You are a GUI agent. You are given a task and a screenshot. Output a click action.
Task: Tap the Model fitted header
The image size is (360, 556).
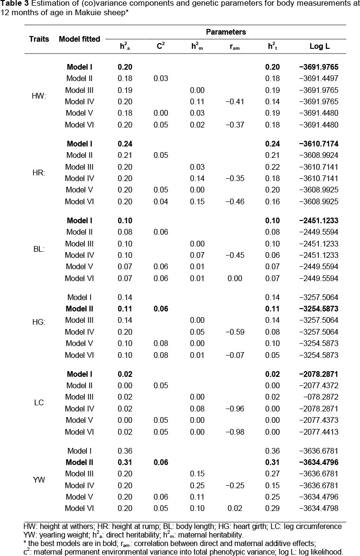pyautogui.click(x=79, y=39)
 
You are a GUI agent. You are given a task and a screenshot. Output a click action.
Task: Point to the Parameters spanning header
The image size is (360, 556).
pyautogui.click(x=226, y=32)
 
